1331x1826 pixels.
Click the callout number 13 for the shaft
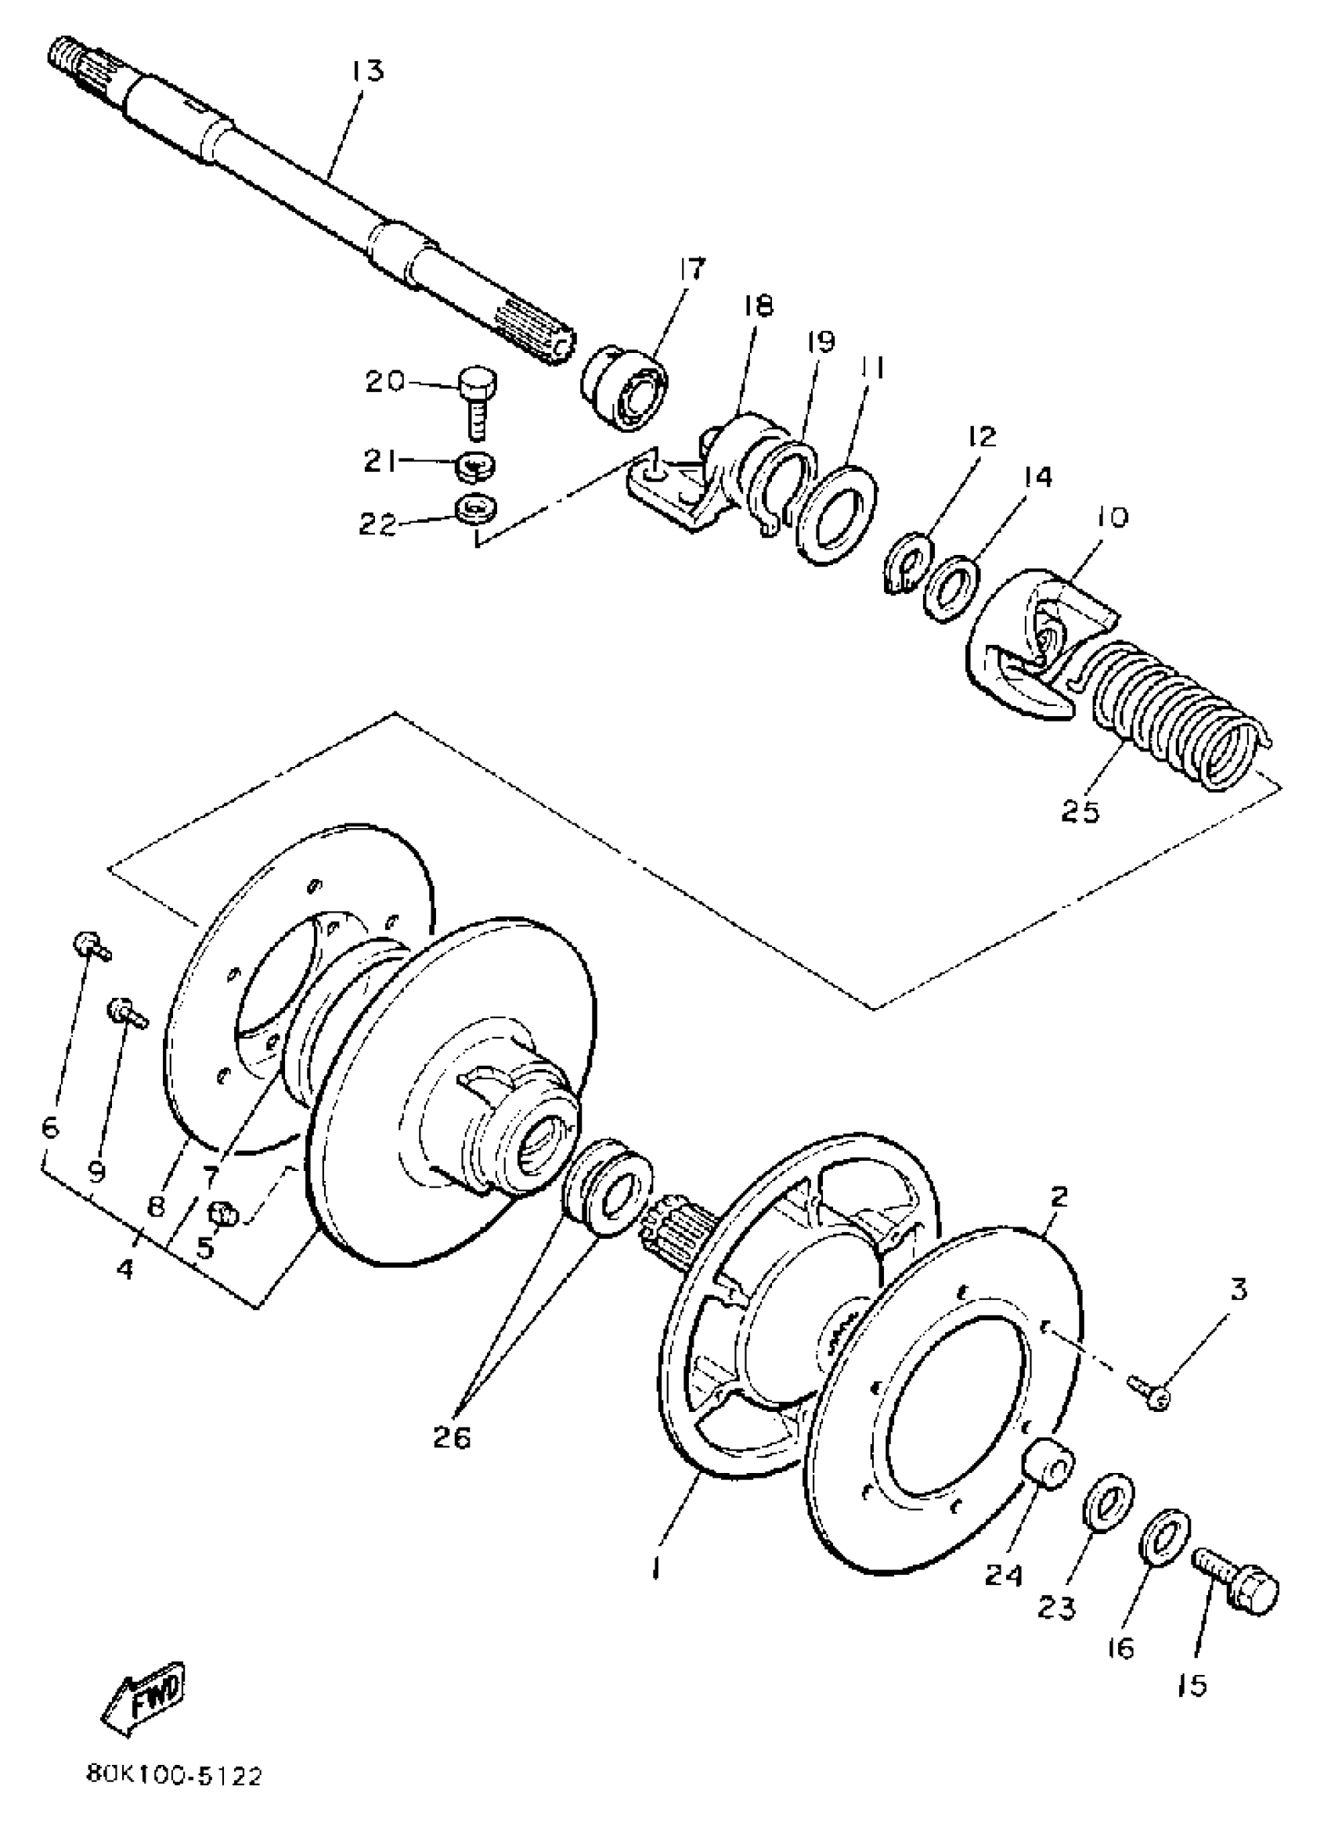pos(366,71)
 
